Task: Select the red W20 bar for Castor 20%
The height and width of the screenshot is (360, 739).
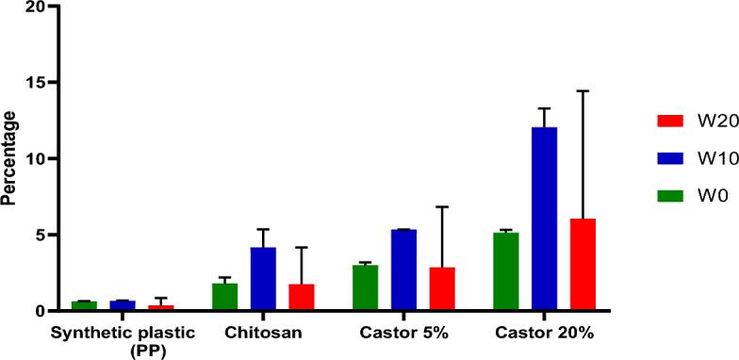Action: tap(583, 265)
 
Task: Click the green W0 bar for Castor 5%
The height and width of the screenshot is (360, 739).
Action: tap(365, 287)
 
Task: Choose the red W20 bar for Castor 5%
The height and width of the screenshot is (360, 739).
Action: tap(442, 288)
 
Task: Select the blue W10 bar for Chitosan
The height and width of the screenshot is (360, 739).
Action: tap(263, 279)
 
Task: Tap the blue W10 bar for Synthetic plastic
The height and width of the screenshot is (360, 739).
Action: tap(123, 305)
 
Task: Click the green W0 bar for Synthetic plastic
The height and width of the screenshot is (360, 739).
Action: tap(84, 305)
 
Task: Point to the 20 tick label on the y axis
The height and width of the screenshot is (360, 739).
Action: tap(35, 7)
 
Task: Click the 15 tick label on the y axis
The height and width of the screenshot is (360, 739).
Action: tap(35, 83)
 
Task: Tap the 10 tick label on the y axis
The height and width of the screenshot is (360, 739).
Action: tap(35, 159)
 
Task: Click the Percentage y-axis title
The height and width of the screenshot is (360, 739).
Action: tap(10, 158)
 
